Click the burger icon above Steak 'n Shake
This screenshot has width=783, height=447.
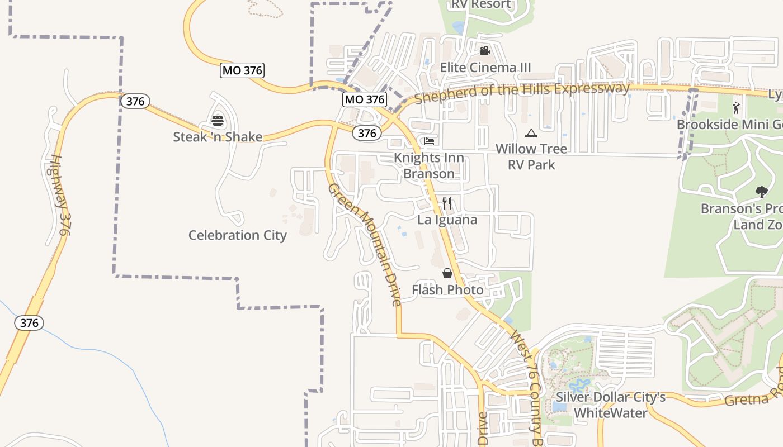coord(218,120)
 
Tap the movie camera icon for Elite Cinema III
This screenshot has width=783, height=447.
coord(485,51)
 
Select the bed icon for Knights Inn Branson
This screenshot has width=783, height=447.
coord(429,141)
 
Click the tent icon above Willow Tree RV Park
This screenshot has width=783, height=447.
coord(531,133)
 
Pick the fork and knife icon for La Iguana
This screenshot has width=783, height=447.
coord(447,203)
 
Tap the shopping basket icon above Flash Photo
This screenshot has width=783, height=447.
coord(447,273)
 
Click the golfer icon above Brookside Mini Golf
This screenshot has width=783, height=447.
coord(737,108)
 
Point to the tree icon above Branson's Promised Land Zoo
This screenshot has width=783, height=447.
coord(761,193)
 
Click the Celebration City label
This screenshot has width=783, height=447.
coord(237,235)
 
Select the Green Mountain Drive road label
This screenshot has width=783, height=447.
coord(365,244)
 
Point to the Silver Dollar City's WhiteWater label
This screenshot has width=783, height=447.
coord(610,405)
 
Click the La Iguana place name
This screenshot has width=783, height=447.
coord(447,220)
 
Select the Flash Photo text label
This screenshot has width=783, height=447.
coord(447,289)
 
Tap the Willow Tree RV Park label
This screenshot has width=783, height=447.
coord(531,156)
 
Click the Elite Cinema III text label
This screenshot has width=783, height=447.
coord(485,68)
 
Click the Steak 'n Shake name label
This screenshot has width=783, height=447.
coord(218,137)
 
